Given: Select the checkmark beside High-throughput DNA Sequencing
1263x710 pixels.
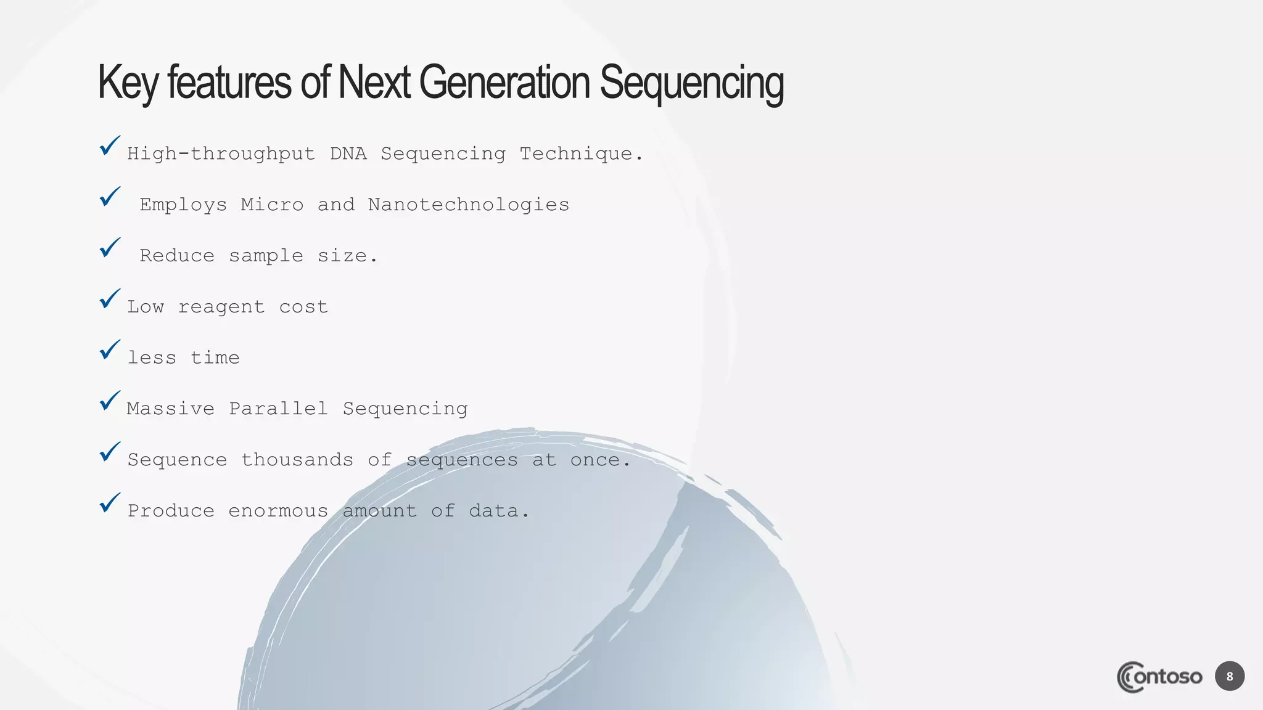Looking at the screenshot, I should [x=110, y=146].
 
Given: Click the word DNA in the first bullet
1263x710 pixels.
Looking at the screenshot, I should [x=348, y=153].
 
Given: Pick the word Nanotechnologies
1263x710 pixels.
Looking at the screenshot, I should [x=469, y=205].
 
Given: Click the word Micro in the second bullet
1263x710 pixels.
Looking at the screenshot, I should [x=272, y=205].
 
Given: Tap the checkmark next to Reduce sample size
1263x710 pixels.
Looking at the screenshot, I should [x=110, y=248].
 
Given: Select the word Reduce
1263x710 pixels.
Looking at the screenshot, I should [x=177, y=256].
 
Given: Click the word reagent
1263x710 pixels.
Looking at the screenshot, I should [x=221, y=307].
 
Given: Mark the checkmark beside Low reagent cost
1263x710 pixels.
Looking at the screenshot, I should [x=110, y=299].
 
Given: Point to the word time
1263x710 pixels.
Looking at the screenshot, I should [x=215, y=357].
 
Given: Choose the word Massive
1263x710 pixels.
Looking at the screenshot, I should [x=171, y=409].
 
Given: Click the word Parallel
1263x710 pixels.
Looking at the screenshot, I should [x=278, y=409].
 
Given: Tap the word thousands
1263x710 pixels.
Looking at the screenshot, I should [x=297, y=460].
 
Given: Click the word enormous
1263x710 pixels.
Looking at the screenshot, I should [x=278, y=511].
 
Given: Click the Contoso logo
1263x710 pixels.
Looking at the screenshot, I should [x=1159, y=677].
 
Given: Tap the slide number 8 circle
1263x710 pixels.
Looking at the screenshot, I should [x=1230, y=677].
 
